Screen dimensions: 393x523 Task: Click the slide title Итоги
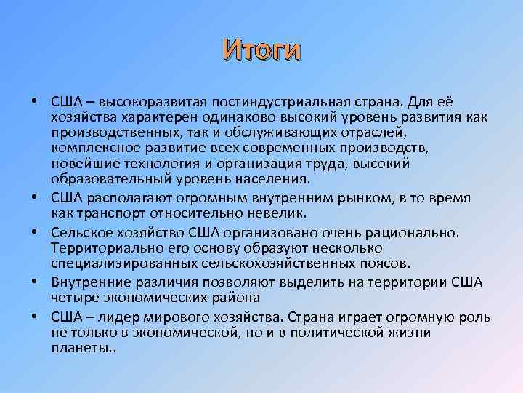pyautogui.click(x=261, y=50)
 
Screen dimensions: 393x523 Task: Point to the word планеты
pyautogui.click(x=79, y=349)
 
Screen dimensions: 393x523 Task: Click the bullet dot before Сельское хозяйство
pyautogui.click(x=35, y=232)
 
